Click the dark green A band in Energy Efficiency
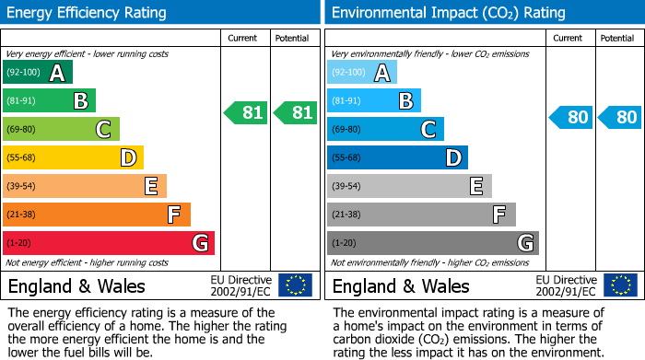pos(37,73)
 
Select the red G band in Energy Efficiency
pos(108,243)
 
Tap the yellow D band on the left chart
pos(73,158)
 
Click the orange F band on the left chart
pos(96,215)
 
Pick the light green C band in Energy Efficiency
pos(61,130)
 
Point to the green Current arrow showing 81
pos(246,113)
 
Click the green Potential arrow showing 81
pos(295,113)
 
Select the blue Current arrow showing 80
pos(571,117)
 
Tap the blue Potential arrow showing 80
pos(619,117)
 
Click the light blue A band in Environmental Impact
pos(362,73)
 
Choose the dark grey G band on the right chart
pos(432,243)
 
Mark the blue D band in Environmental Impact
pos(397,158)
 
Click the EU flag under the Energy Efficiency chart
pos(295,285)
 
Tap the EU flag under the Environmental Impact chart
pos(619,285)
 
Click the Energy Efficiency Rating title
pos(88,13)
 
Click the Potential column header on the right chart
pos(617,38)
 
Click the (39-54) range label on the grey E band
pos(346,187)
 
